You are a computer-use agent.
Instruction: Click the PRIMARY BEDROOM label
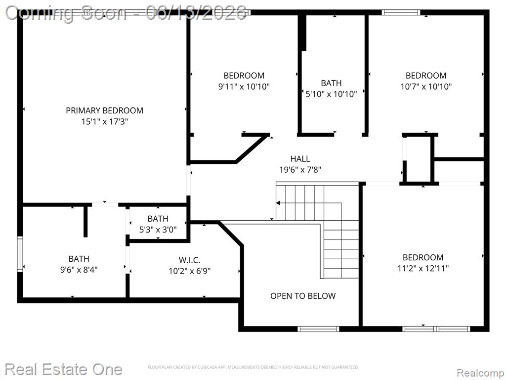coord(105,110)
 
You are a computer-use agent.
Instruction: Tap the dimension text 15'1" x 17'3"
coord(105,122)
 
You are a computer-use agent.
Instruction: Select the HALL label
coord(300,159)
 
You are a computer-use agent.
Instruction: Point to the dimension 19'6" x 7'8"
coord(300,170)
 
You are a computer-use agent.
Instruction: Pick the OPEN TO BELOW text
coord(303,296)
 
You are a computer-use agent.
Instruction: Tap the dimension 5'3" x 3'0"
coord(158,230)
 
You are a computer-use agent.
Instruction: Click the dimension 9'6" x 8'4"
coord(79,270)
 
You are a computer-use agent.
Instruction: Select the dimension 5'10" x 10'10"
coord(332,94)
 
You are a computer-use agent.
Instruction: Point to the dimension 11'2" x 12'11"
coord(423,268)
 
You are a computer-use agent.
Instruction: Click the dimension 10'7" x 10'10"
coord(426,87)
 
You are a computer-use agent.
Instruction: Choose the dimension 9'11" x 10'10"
coord(244,87)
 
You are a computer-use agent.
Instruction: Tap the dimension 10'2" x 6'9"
coord(189,271)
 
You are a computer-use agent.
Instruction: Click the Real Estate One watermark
coord(64,369)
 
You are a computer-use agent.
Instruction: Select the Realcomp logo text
coord(480,373)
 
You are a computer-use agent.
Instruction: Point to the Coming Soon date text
coord(126,13)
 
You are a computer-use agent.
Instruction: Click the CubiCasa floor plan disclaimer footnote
coord(253,367)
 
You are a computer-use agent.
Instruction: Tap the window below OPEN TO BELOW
coord(318,329)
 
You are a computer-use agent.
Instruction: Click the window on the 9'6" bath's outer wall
coord(20,254)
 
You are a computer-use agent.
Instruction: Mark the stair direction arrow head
coord(278,203)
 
